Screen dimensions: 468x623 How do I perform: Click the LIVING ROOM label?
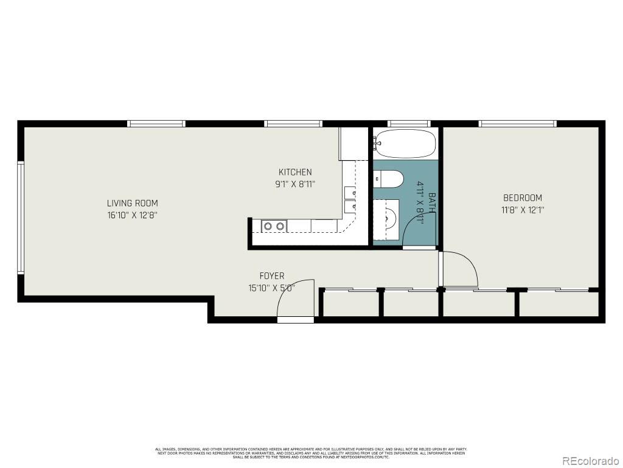132,203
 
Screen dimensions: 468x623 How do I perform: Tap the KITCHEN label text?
295,172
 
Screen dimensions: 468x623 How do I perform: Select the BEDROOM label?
522,197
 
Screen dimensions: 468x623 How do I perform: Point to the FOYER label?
271,276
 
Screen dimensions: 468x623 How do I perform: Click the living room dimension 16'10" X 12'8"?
132,215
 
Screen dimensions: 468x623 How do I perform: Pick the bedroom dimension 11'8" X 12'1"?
522,210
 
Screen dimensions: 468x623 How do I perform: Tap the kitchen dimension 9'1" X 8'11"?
295,183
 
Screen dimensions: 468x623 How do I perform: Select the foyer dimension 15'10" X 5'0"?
271,288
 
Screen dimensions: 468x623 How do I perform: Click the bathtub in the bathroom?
405,144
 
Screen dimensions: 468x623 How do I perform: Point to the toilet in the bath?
389,179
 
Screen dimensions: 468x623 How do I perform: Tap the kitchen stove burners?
274,226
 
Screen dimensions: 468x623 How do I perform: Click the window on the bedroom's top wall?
517,124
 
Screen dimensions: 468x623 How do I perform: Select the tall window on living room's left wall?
20,218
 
